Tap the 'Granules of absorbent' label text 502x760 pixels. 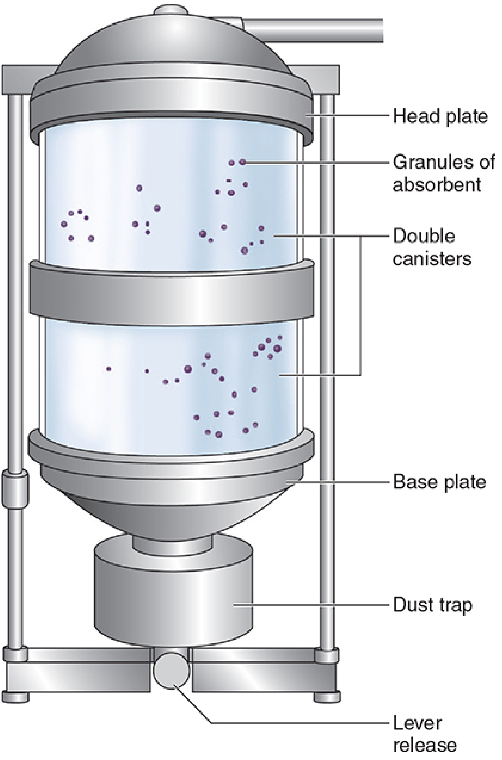pyautogui.click(x=444, y=173)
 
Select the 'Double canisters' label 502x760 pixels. pyautogui.click(x=432, y=247)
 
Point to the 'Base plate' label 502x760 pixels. pyautogui.click(x=439, y=481)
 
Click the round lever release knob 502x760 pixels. pyautogui.click(x=171, y=669)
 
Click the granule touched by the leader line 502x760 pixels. pyautogui.click(x=243, y=162)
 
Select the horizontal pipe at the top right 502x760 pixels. pyautogui.click(x=312, y=30)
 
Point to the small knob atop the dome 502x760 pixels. pyautogui.click(x=170, y=10)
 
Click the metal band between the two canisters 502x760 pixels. pyautogui.click(x=172, y=293)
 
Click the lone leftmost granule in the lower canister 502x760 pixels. pyautogui.click(x=109, y=369)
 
